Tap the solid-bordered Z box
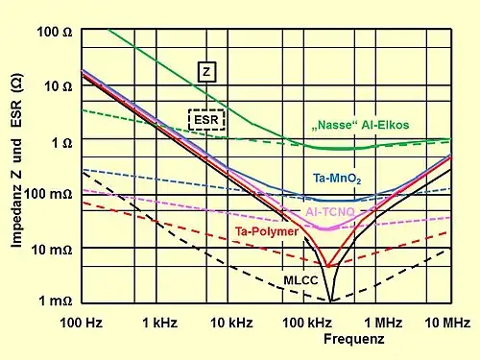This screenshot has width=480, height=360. click(x=208, y=70)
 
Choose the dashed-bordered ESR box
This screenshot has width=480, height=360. click(x=206, y=119)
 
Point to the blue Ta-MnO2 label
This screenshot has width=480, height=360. click(x=336, y=179)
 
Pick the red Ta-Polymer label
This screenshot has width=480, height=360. click(x=266, y=232)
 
